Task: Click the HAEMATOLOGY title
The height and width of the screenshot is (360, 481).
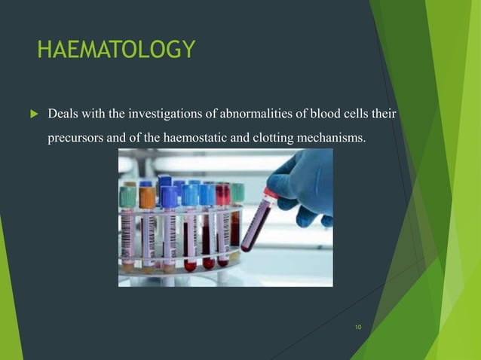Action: coord(116,50)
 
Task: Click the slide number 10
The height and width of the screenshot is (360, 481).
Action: coord(357,327)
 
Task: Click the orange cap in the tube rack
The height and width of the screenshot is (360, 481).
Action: coord(147,197)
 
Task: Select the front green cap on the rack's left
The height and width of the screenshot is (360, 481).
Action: coord(128,197)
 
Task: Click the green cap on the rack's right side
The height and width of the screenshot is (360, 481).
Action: coord(237,191)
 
